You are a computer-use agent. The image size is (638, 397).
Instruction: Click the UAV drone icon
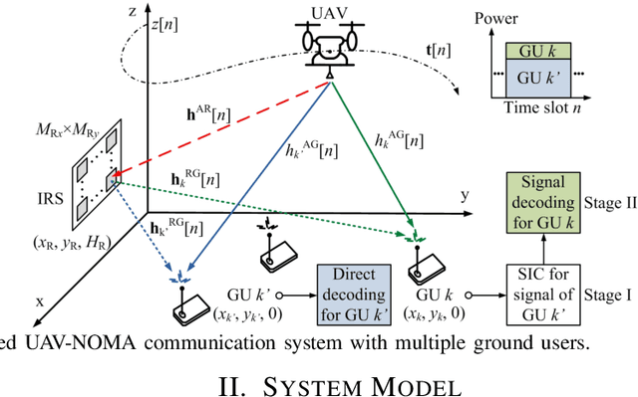click(x=329, y=51)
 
